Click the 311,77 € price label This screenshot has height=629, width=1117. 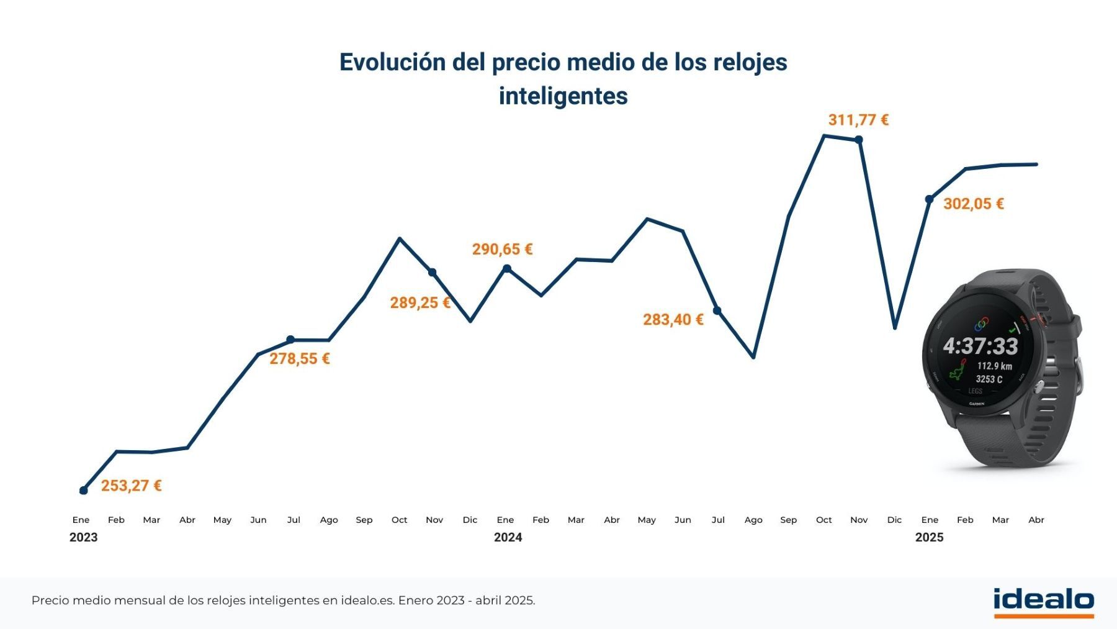[858, 120]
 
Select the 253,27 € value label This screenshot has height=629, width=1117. [131, 486]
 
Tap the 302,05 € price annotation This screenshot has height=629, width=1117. [973, 204]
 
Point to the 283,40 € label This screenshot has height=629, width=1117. [673, 320]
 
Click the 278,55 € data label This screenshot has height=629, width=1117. [299, 359]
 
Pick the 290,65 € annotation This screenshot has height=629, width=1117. [502, 250]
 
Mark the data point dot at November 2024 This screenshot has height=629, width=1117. [859, 140]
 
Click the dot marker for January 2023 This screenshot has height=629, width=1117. [84, 491]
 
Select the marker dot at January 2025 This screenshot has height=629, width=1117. [929, 199]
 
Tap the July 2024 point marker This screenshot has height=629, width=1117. [717, 310]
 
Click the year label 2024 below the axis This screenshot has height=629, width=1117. [508, 538]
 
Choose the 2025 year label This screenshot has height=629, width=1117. [929, 538]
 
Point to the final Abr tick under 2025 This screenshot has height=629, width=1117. [1036, 520]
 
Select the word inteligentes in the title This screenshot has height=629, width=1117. [563, 96]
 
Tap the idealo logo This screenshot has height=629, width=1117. [1043, 601]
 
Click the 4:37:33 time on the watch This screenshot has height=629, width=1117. [980, 346]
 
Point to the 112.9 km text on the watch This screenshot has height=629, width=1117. [994, 366]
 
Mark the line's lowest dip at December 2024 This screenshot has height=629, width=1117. [895, 327]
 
